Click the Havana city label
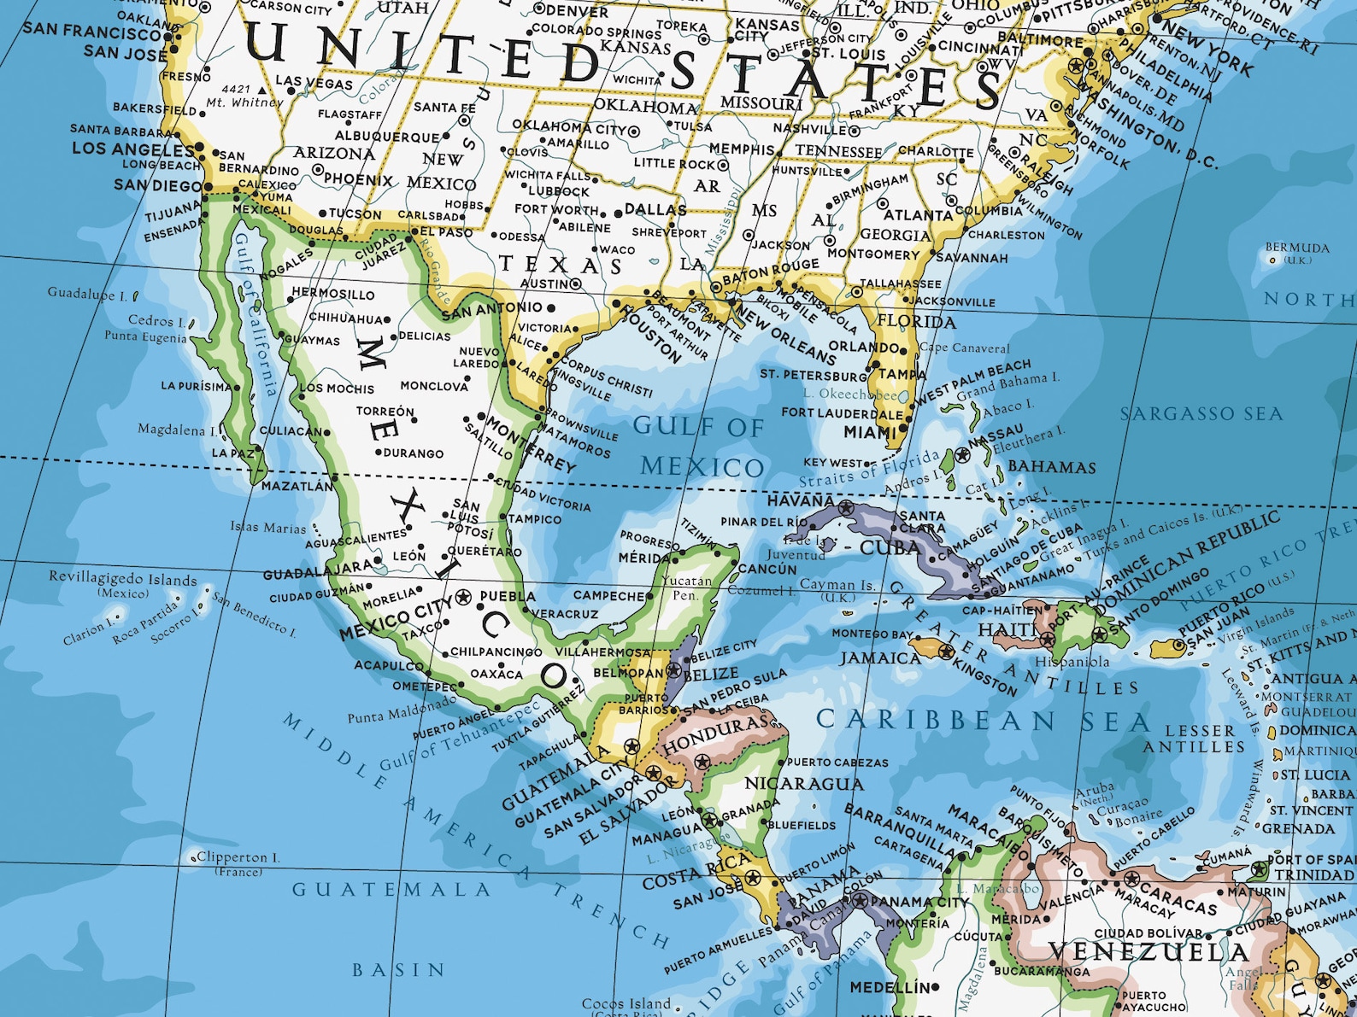coord(800,500)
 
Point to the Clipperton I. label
coord(238,857)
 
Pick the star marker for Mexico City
coord(464,595)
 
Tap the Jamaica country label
coord(879,658)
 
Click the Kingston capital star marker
coord(946,652)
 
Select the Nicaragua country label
coord(804,783)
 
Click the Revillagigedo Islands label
coord(123,579)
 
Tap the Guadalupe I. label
coord(87,295)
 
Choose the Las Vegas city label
coord(314,83)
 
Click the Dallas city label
coord(655,209)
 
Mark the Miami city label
coord(871,433)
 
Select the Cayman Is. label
coord(837,586)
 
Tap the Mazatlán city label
coord(297,486)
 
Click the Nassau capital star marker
coord(961,455)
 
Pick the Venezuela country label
coord(1148,951)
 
